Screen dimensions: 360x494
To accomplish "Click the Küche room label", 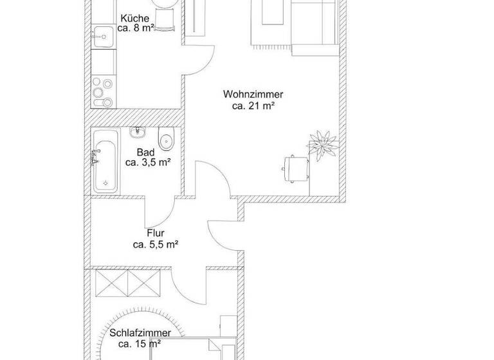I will pos(134,19).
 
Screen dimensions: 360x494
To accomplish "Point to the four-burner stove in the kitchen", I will pos(103,92).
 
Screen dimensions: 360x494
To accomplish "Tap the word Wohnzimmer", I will pos(253,94).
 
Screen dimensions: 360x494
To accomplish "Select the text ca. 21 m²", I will pos(253,106).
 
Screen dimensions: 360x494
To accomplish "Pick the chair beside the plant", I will pos(295,167).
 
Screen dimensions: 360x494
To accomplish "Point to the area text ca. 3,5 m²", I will pos(147,163).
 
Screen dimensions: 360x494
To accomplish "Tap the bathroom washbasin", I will pos(138,133).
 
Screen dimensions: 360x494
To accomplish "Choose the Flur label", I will pos(155,233).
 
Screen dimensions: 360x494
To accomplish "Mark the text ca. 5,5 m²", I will pos(155,244).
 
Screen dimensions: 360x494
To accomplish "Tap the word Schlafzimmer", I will pos(140,333).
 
